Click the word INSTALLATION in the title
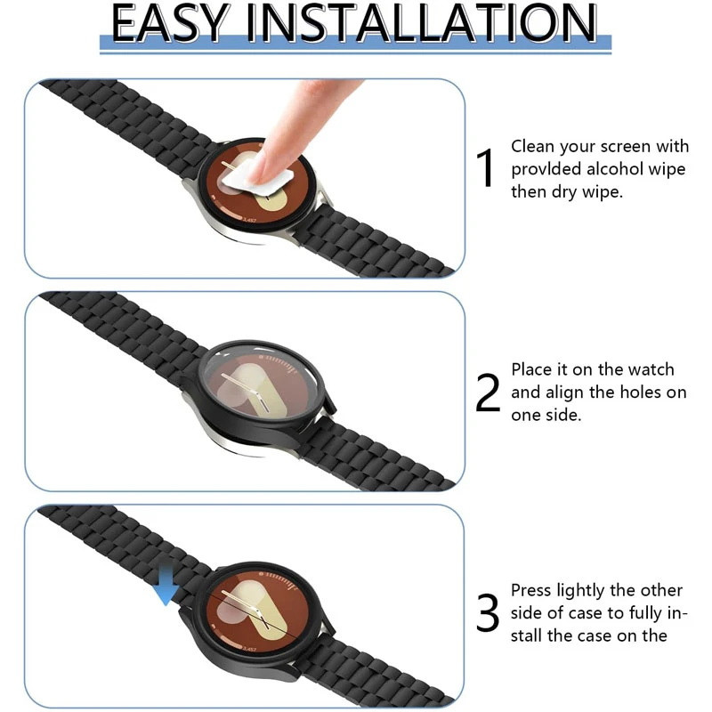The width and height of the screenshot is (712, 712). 421,23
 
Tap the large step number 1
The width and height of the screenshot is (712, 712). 485,168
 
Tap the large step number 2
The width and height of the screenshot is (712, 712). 487,392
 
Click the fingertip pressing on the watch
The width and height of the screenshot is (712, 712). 268,164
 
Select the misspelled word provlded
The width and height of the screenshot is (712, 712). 546,169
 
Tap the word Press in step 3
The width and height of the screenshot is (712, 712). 530,590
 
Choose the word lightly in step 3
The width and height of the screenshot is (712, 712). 581,592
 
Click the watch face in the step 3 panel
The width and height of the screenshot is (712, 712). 256,610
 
